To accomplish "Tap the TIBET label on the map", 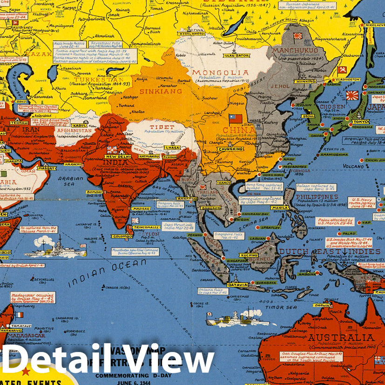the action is [x=162, y=127].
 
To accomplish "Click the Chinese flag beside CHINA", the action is [x=236, y=119].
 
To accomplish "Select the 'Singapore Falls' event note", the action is [x=229, y=236].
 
